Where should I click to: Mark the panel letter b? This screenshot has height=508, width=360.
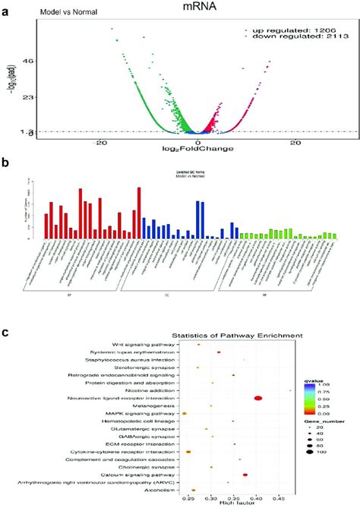pos(5,162)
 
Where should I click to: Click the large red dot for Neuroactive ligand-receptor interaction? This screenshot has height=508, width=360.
pos(258,398)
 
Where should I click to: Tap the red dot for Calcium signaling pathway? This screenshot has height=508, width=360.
pos(245,475)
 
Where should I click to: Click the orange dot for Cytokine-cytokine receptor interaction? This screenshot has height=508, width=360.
pos(188,452)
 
